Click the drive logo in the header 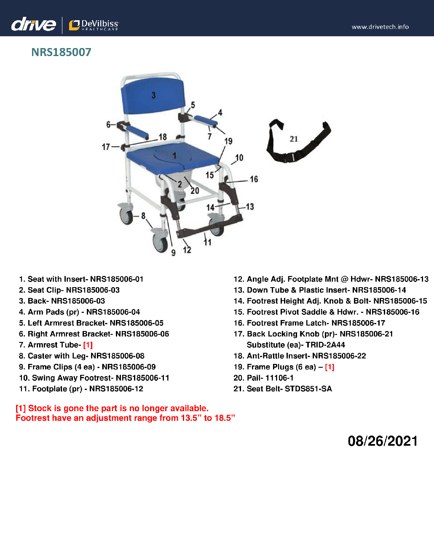pos(33,24)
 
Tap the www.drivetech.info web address pos(380,27)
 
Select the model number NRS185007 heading pos(61,52)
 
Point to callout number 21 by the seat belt pos(294,139)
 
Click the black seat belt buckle pos(288,156)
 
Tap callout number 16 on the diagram pos(254,179)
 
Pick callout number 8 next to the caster pos(143,216)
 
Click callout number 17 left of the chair pos(106,147)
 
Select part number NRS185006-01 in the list pos(117,279)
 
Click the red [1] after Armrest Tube pos(88,345)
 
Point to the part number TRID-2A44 pos(325,345)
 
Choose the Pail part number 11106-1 pos(279,378)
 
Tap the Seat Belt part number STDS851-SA pos(308,389)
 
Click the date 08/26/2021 pos(383,441)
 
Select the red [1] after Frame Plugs pos(330,367)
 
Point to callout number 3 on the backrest pos(153,95)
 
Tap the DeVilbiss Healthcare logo pos(94,25)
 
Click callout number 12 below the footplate pos(187,250)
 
